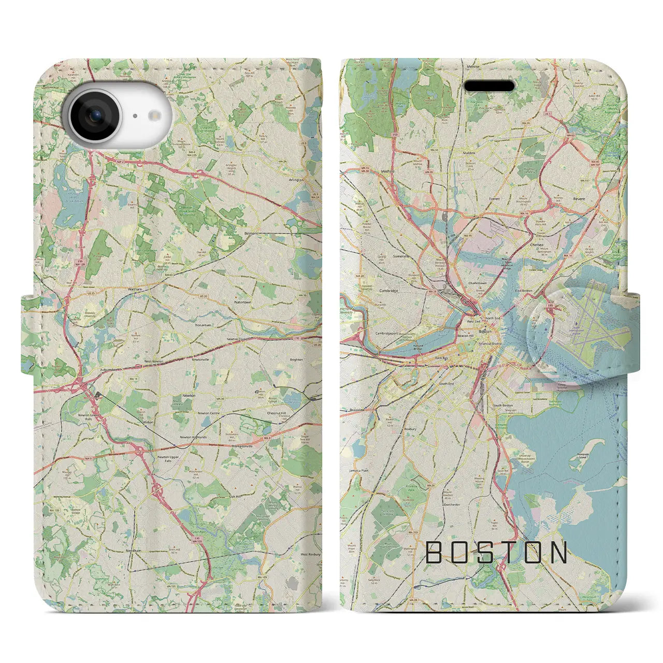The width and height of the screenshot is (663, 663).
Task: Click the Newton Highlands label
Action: (x=193, y=437)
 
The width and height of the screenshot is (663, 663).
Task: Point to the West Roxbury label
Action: (x=311, y=554)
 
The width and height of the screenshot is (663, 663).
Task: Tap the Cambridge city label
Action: (x=388, y=291)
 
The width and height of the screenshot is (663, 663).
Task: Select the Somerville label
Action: (x=401, y=256)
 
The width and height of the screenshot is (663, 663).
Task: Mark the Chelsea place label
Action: (x=537, y=246)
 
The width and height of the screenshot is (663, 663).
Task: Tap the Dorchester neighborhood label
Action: (x=452, y=504)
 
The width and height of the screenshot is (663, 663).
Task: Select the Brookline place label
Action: (x=357, y=410)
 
